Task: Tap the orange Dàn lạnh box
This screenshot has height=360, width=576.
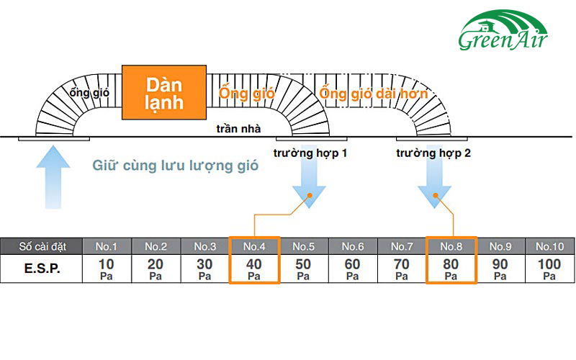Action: [x=164, y=93]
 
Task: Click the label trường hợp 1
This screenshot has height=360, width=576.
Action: [x=310, y=153]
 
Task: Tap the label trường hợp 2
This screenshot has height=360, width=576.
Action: [x=433, y=153]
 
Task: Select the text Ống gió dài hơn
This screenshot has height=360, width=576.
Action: [x=374, y=94]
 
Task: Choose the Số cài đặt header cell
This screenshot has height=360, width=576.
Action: [x=42, y=246]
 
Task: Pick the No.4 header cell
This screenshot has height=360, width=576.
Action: [x=254, y=246]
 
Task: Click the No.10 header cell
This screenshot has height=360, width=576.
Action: [x=549, y=246]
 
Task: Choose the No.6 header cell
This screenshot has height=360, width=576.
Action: [x=352, y=246]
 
